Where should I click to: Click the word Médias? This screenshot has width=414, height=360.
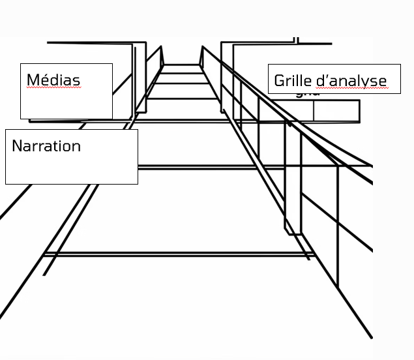pyautogui.click(x=53, y=80)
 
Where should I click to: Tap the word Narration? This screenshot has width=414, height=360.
pyautogui.click(x=46, y=146)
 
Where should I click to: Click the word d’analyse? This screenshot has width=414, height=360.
pyautogui.click(x=351, y=81)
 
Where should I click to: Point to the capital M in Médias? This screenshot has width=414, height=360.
pyautogui.click(x=33, y=80)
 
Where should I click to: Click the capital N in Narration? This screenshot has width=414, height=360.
pyautogui.click(x=17, y=146)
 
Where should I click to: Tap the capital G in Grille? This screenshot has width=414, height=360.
pyautogui.click(x=279, y=81)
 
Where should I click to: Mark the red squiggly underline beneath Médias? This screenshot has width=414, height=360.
pyautogui.click(x=53, y=87)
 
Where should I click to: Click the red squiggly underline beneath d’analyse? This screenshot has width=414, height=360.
pyautogui.click(x=352, y=87)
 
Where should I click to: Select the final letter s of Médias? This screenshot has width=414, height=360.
pyautogui.click(x=76, y=82)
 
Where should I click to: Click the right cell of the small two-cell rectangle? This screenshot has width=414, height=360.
pyautogui.click(x=336, y=111)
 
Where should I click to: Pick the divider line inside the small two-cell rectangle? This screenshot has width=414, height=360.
pyautogui.click(x=314, y=111)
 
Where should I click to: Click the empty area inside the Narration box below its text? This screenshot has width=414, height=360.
pyautogui.click(x=71, y=169)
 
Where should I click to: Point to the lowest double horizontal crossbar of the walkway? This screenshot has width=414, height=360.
pyautogui.click(x=179, y=254)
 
